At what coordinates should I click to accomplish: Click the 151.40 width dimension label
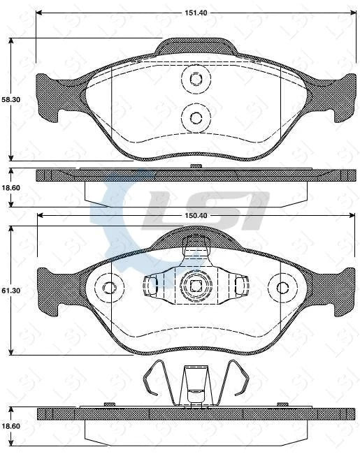point(195,12)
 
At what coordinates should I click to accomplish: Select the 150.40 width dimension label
point(195,216)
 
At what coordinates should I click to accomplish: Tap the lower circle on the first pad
point(196,116)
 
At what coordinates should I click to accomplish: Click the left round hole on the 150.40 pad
point(109,287)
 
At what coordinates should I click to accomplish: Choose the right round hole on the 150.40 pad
point(282,287)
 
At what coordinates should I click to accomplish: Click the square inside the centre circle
point(196,285)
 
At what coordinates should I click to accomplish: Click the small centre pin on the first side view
point(196,166)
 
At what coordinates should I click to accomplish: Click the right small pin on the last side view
point(282,404)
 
